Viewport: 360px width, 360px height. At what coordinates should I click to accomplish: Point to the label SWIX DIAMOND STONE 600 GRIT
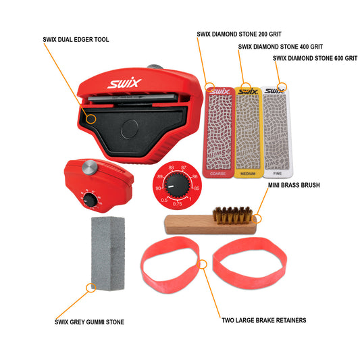315,59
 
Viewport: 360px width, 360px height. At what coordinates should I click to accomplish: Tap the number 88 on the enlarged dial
172,167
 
